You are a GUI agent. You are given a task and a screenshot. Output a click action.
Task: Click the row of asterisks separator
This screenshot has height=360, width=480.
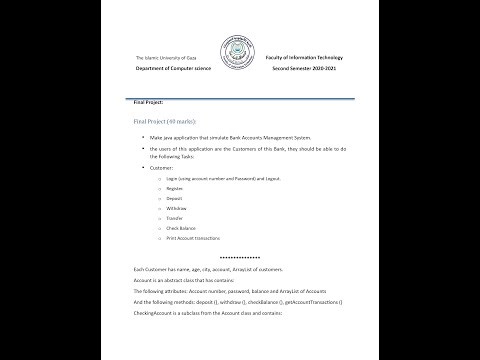pos(238,259)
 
